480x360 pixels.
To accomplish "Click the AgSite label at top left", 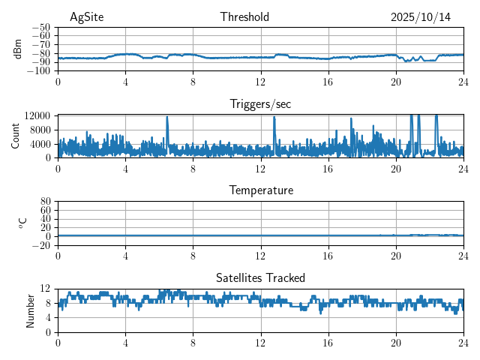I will tap(86, 17).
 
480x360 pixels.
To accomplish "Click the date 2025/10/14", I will tap(421, 17).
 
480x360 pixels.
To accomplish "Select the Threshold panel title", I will tap(244, 17).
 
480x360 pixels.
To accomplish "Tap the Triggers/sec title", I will tap(260, 104).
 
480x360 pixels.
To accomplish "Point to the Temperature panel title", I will tap(260, 190).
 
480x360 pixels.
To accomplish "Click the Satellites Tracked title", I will tap(260, 278).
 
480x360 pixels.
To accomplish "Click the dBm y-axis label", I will tap(17, 49).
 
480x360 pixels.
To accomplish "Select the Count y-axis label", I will tap(16, 136).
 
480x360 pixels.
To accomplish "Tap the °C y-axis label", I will tap(22, 223).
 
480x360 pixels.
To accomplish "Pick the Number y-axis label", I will tap(31, 310).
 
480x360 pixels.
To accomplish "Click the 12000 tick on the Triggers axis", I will tap(37, 115).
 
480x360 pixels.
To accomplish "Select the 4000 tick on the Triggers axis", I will tap(40, 143).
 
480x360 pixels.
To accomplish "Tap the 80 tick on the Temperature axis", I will tap(46, 201).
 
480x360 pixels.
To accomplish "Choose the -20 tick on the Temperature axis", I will tap(41, 245).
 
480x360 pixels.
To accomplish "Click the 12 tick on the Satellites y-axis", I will tap(46, 289).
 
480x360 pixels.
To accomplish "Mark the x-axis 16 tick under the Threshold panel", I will tap(328, 82).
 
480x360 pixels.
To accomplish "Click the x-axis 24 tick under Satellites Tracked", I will tap(463, 343).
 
